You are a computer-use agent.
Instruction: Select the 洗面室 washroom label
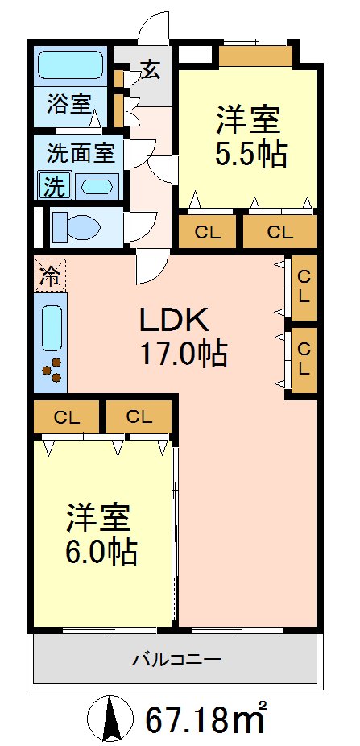(80, 151)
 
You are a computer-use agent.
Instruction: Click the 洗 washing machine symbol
(53, 186)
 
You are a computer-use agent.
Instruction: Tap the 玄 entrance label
(151, 69)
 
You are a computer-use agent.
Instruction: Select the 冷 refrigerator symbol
(49, 276)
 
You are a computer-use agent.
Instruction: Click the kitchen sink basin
(52, 327)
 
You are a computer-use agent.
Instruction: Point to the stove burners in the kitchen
(53, 369)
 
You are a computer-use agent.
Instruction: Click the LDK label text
(175, 321)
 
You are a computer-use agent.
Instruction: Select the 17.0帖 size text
(183, 353)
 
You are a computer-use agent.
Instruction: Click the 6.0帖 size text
(101, 551)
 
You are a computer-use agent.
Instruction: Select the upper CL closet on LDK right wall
(304, 285)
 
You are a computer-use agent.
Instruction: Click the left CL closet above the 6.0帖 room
(67, 417)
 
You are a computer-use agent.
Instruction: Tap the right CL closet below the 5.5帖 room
(279, 233)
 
